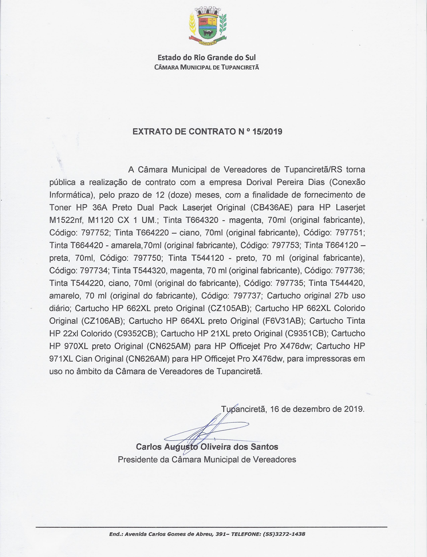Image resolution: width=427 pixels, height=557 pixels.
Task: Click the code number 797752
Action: click(95, 233)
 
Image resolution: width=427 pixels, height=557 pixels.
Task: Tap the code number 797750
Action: click(147, 258)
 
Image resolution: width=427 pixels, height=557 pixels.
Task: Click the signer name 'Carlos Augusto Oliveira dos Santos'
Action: click(207, 447)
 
